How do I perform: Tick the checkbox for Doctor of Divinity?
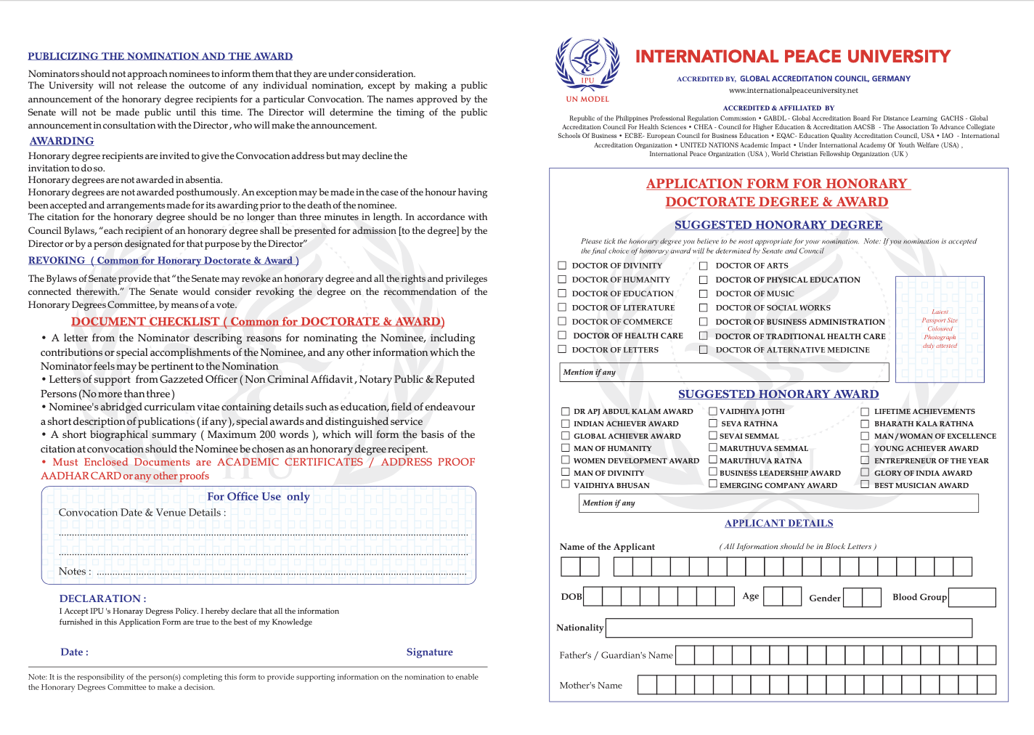click(562, 266)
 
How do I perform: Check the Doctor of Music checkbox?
click(703, 293)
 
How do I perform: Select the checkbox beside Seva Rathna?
click(713, 423)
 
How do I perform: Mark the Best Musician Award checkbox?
click(865, 484)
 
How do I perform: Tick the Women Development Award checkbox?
click(565, 460)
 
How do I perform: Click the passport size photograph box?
click(940, 329)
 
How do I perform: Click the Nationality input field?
click(789, 628)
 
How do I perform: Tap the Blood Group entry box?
click(972, 597)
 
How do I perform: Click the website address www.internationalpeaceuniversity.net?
click(794, 91)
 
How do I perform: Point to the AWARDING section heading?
click(62, 141)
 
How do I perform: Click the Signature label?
click(429, 652)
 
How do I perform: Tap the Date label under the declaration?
click(74, 652)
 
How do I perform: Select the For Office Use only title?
click(258, 497)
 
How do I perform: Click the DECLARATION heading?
click(102, 598)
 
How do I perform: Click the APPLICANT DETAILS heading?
click(778, 523)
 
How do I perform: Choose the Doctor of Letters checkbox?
click(562, 349)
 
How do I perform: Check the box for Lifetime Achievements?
click(865, 411)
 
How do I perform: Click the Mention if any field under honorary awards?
click(779, 503)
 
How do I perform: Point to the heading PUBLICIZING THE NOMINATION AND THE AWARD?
click(160, 56)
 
